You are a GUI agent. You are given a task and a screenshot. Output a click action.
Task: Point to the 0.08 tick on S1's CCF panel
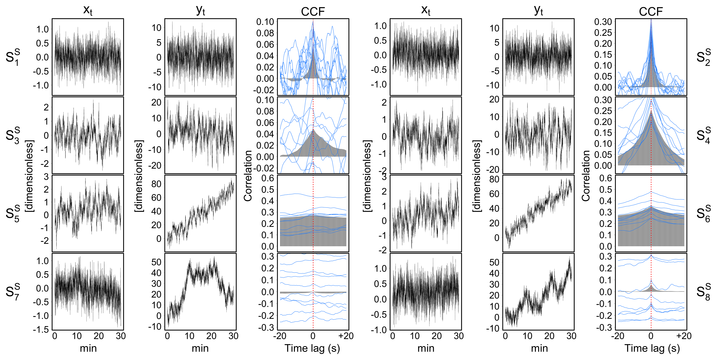(x=265, y=33)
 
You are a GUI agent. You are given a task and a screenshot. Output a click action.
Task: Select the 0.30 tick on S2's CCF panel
(x=603, y=22)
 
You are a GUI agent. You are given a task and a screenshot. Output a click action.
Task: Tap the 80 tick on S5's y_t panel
(x=156, y=184)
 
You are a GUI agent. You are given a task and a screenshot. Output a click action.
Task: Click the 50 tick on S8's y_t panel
(x=494, y=262)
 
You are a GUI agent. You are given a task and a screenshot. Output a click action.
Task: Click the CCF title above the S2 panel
(x=651, y=12)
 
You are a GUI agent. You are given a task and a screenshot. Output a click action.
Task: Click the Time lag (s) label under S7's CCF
(x=312, y=348)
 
